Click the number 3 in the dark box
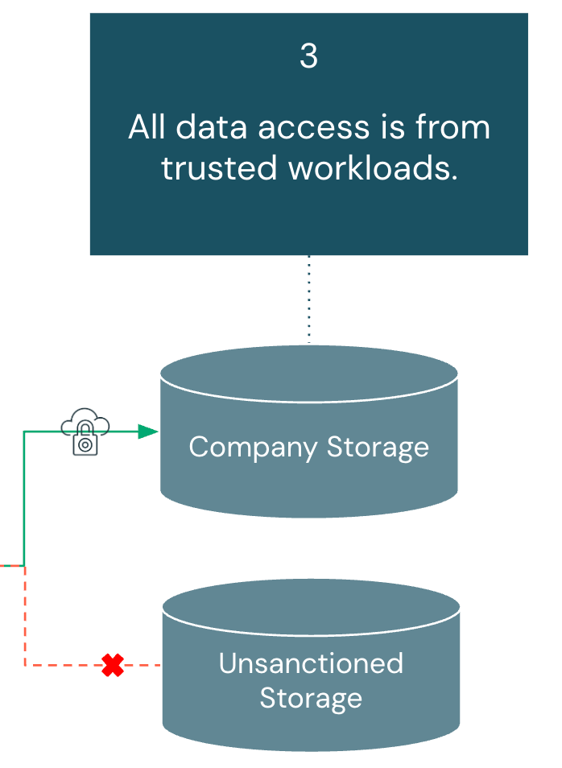click(308, 57)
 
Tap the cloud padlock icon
click(85, 432)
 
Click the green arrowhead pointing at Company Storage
click(147, 431)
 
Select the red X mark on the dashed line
click(113, 665)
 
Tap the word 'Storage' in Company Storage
click(378, 447)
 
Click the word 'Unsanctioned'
click(311, 663)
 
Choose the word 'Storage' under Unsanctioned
click(311, 698)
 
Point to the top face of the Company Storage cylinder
click(309, 374)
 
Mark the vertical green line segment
click(24, 499)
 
